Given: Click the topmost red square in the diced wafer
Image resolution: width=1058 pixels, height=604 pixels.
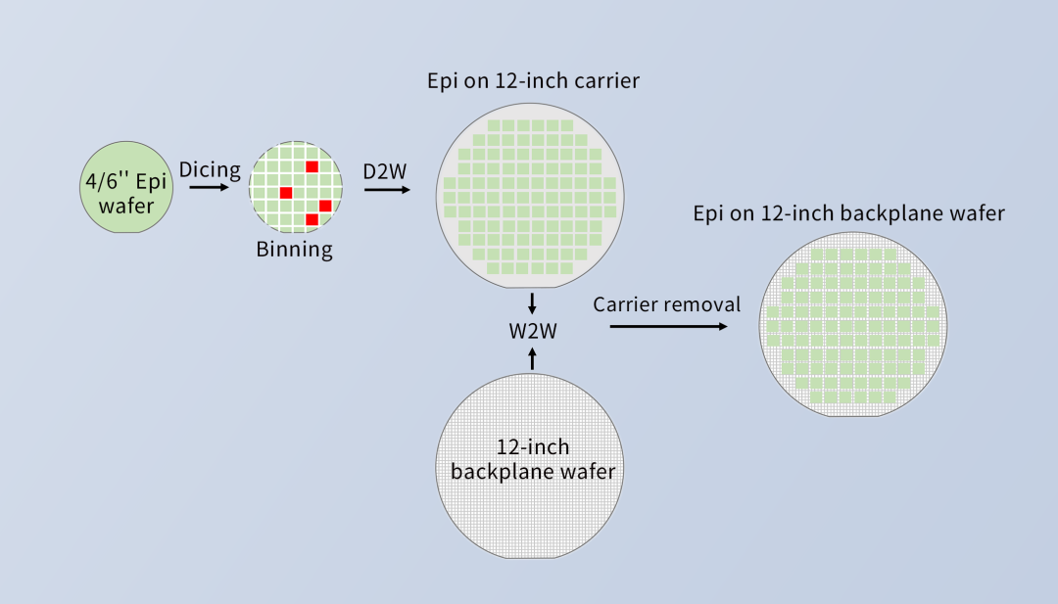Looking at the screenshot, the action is [312, 166].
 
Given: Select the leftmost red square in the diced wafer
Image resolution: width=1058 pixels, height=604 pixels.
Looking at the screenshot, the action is [286, 193].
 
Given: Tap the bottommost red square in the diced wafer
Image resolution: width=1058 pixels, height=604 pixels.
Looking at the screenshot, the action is [312, 219].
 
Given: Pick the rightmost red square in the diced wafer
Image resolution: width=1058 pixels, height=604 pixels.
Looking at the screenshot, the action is [325, 206].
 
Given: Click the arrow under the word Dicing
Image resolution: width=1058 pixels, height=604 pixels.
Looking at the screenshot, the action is [210, 187].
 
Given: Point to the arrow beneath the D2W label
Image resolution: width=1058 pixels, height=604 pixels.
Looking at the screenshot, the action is [387, 190].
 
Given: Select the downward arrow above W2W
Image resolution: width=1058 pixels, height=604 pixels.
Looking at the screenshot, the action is [532, 303].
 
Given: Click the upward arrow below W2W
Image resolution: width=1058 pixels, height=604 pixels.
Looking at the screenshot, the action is [532, 358].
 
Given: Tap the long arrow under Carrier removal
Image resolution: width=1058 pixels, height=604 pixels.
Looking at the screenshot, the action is [669, 326].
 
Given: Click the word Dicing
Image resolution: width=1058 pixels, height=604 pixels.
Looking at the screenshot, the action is [210, 170].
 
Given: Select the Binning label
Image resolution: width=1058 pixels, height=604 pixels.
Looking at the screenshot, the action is [294, 250].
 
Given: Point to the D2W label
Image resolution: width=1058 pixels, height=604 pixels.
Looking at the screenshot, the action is [385, 171].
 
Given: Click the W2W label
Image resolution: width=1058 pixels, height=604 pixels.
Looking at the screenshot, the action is [533, 331].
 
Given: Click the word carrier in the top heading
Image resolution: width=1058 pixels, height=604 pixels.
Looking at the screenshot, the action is [606, 81].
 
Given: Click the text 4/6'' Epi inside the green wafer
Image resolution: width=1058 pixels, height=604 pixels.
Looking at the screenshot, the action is [126, 182].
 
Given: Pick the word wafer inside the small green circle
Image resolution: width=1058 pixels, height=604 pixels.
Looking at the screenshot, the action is [126, 206].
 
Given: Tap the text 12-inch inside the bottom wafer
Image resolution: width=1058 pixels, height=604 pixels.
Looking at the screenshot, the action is [533, 447].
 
